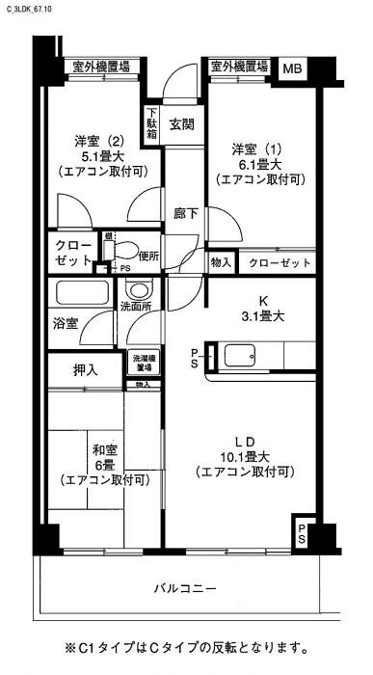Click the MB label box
(291, 67)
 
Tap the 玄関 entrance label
(182, 123)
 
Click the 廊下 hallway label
(185, 213)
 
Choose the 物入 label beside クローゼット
(221, 262)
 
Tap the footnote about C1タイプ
(186, 647)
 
